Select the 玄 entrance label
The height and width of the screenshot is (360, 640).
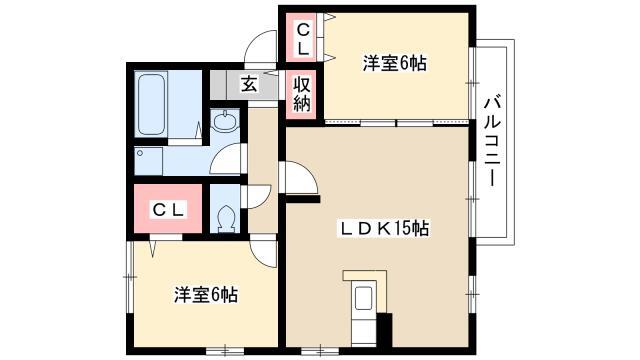(x=249, y=84)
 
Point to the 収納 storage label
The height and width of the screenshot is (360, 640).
(x=302, y=94)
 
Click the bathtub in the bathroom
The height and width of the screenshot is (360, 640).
(x=151, y=104)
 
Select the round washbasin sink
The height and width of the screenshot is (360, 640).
(x=225, y=122)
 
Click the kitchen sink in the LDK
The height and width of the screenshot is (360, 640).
(x=363, y=298)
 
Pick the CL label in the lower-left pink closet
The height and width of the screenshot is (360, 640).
(x=169, y=210)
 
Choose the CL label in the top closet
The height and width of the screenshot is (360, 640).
(x=302, y=39)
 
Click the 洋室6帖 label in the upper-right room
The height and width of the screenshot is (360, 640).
(x=395, y=63)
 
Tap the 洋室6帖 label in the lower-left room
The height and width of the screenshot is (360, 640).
(x=206, y=294)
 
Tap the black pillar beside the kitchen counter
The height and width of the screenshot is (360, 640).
(x=384, y=330)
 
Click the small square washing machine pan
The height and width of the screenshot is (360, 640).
(x=149, y=161)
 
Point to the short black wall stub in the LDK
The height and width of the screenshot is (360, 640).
(x=302, y=199)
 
